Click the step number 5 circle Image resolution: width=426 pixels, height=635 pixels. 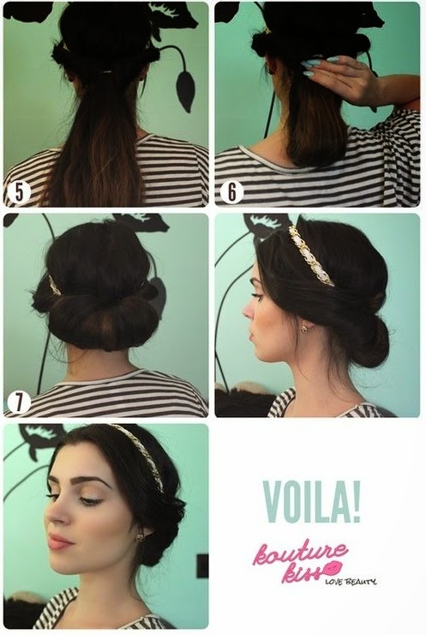(19, 192)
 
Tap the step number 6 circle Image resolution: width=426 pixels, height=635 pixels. (231, 192)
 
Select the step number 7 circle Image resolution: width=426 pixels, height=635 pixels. (19, 402)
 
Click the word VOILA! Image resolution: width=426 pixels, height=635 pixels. (311, 501)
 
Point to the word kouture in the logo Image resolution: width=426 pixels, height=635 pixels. (300, 552)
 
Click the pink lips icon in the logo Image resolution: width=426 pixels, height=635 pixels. (333, 569)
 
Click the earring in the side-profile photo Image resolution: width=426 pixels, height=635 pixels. (303, 328)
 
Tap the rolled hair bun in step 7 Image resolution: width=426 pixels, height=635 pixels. (101, 317)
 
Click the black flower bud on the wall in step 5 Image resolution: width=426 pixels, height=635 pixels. (185, 91)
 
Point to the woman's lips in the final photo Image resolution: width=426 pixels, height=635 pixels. (59, 541)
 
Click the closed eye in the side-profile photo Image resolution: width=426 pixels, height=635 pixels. (255, 296)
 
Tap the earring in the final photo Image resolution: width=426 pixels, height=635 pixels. (140, 537)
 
